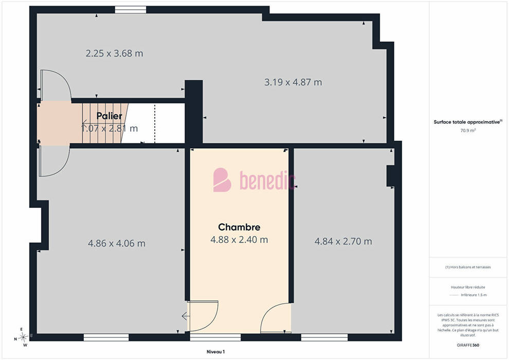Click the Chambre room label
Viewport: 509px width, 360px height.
(239, 227)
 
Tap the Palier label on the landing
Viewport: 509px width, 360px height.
(109, 116)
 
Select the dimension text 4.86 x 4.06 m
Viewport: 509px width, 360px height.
(117, 243)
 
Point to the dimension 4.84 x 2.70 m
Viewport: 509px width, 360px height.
(343, 241)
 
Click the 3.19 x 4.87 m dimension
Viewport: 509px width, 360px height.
(293, 82)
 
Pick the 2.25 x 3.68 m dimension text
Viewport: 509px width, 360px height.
(114, 53)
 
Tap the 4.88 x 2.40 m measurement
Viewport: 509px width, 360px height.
(239, 240)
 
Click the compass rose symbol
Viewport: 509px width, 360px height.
(23, 337)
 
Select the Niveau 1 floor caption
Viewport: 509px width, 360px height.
(215, 352)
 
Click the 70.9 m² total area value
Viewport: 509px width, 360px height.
(468, 131)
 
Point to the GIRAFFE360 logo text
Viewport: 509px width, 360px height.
(468, 345)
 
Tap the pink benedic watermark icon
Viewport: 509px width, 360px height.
(222, 180)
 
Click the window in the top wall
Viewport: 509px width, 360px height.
(131, 10)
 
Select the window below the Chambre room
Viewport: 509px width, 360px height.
(215, 337)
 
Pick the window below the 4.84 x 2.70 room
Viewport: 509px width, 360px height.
(324, 337)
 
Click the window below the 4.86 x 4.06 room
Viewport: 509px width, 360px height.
(106, 337)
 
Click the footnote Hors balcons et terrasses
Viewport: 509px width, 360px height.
(468, 267)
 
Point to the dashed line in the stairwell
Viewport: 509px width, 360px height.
(155, 123)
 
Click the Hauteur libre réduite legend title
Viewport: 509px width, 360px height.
(468, 287)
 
